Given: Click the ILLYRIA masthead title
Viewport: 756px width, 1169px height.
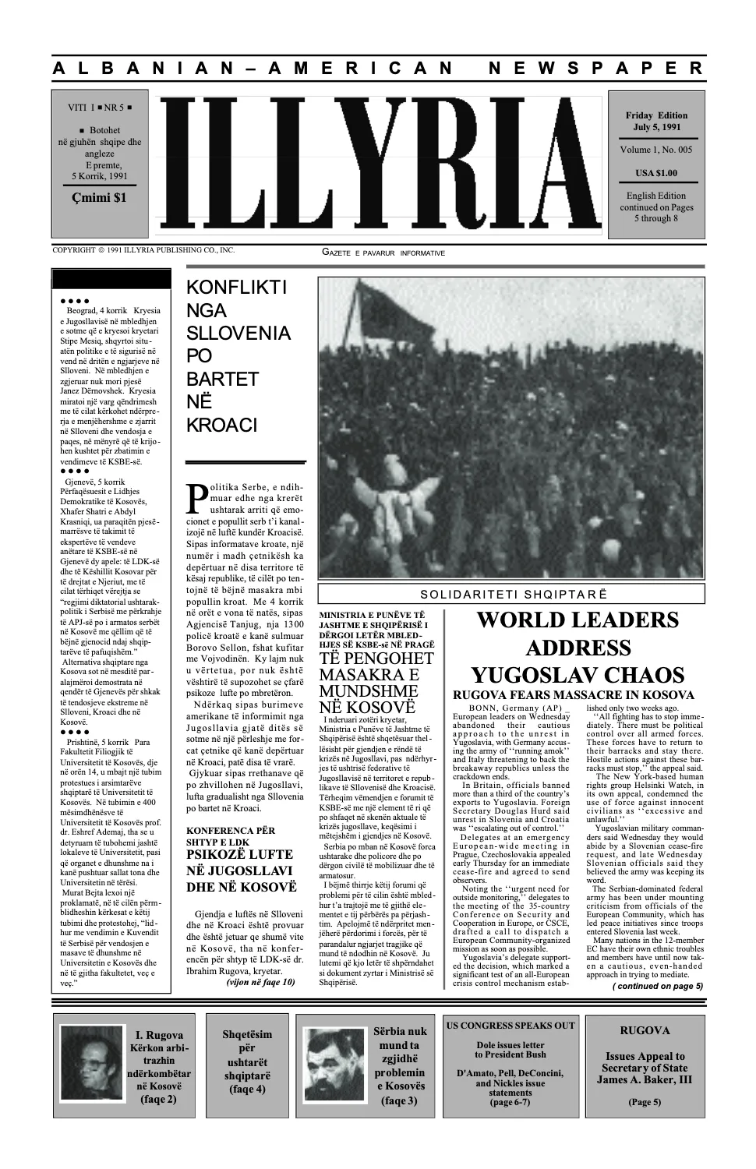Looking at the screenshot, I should pos(381,165).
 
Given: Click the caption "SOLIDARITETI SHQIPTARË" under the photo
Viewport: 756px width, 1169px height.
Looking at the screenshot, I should pos(510,593).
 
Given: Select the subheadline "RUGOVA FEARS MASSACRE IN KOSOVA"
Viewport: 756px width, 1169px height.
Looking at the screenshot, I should pos(573,695).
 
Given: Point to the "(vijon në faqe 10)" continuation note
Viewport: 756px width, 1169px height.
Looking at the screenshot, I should pos(260,983).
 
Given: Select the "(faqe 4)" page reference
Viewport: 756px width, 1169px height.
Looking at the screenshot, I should pos(247,1089).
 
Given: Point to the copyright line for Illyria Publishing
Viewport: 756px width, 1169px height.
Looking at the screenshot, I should pos(143,250).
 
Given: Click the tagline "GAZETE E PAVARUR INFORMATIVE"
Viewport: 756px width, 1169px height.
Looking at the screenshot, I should pos(383,253).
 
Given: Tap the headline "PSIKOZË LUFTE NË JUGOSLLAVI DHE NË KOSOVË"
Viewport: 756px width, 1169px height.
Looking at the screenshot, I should pos(239,871).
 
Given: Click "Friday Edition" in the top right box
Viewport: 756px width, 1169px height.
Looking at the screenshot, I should pos(657,115).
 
